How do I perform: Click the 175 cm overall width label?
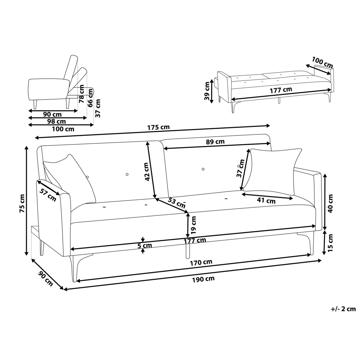coord(158,127)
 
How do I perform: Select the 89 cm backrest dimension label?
coord(215,142)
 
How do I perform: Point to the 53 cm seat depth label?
coord(176,203)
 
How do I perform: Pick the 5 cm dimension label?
coord(145,245)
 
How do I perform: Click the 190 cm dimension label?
coord(203,279)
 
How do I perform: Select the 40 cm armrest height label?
coord(330,203)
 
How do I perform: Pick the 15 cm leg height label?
coord(330,242)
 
